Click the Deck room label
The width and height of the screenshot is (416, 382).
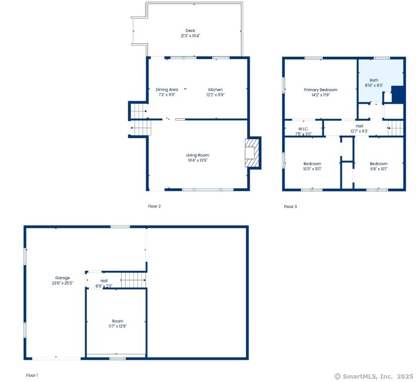(190, 31)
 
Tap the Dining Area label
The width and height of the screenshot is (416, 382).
(167, 90)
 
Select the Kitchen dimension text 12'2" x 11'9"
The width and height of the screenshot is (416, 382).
(215, 95)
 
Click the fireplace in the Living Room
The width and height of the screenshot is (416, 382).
(253, 153)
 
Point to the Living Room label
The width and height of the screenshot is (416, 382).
(197, 155)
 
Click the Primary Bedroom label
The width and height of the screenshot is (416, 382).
(320, 90)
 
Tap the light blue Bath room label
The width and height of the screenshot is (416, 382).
(374, 80)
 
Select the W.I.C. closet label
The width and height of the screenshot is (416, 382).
(304, 129)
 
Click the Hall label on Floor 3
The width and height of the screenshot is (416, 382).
(359, 126)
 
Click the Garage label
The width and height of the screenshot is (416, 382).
(62, 278)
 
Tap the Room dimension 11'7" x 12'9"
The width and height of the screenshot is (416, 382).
(117, 326)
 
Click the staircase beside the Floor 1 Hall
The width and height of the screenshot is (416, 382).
(133, 279)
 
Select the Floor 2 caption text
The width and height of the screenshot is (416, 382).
(154, 206)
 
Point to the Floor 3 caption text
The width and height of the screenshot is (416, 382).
(290, 207)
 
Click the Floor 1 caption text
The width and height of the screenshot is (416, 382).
(32, 375)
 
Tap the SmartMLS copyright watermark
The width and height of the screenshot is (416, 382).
(373, 376)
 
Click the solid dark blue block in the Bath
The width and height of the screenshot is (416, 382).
(398, 94)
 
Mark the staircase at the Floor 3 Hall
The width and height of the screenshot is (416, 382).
(396, 128)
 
